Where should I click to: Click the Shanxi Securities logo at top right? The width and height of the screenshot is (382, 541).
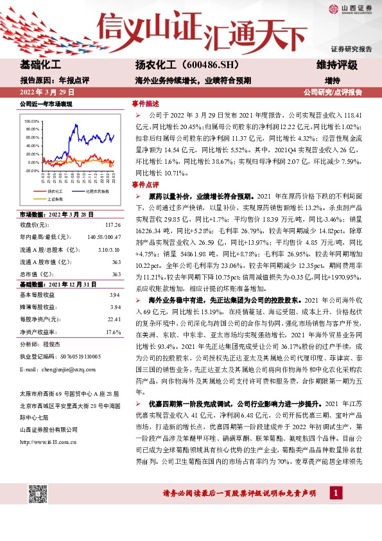pyautogui.click(x=351, y=8)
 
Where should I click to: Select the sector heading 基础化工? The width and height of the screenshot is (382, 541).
pyautogui.click(x=41, y=66)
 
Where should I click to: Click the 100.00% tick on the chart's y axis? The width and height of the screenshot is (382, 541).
pyautogui.click(x=32, y=121)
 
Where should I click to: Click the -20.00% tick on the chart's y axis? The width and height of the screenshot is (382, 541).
pyautogui.click(x=32, y=171)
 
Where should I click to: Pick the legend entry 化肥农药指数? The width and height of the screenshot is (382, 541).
pyautogui.click(x=94, y=191)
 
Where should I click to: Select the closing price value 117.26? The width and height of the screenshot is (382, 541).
pyautogui.click(x=112, y=225)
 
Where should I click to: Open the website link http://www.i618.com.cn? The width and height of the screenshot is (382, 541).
pyautogui.click(x=49, y=441)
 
